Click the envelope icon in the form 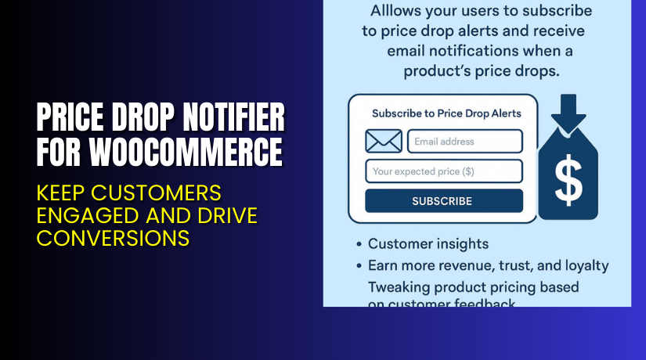click(x=384, y=142)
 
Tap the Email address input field click(x=464, y=142)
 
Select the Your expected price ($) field click(x=443, y=171)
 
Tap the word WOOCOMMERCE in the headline click(x=185, y=150)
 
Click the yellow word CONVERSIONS click(x=113, y=237)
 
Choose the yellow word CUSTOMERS click(x=168, y=193)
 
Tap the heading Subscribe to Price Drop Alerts click(x=446, y=113)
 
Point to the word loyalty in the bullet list click(x=582, y=266)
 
